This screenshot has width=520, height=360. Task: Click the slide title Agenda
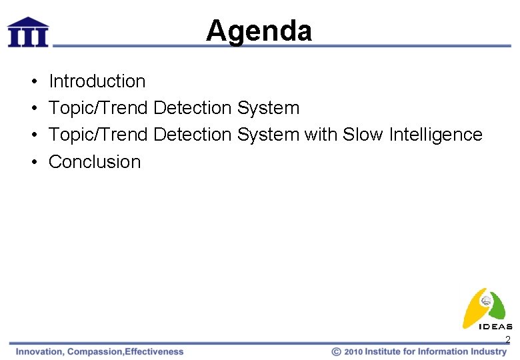(x=259, y=31)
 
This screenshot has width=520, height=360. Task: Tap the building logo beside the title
(x=27, y=32)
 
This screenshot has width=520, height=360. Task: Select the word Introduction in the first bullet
(x=97, y=81)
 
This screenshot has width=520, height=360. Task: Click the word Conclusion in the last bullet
(x=95, y=162)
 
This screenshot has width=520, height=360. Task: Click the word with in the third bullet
(x=321, y=135)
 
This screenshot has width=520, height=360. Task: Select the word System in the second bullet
(x=268, y=108)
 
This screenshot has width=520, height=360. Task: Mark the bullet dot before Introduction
(x=33, y=82)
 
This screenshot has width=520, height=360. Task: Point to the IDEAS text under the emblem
(x=495, y=327)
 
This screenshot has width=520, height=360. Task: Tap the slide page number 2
(x=507, y=341)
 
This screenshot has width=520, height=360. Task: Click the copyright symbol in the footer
(x=337, y=351)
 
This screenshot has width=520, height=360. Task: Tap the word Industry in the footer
(x=488, y=351)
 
